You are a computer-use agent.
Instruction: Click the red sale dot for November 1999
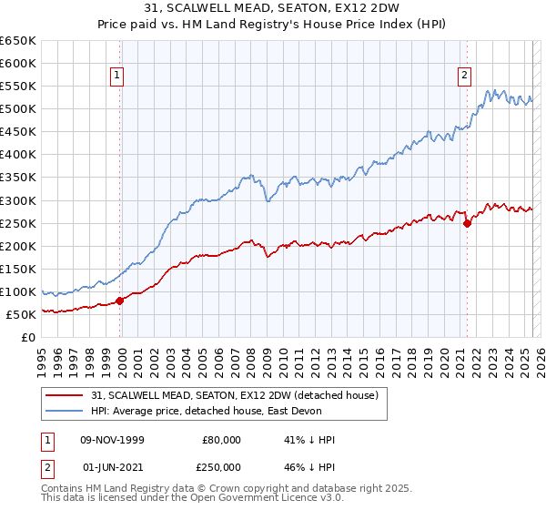tap(120, 301)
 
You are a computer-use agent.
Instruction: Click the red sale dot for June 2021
tap(467, 222)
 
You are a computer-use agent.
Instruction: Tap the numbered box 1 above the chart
tap(119, 76)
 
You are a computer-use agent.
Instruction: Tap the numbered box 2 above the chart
tap(464, 76)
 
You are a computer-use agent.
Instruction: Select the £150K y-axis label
tap(18, 269)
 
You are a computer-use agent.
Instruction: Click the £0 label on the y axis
tap(28, 337)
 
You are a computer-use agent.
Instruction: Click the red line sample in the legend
tap(64, 395)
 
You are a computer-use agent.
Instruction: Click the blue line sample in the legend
tap(64, 411)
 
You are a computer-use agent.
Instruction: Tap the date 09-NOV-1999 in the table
tap(112, 440)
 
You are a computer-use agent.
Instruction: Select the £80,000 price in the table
tap(222, 440)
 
